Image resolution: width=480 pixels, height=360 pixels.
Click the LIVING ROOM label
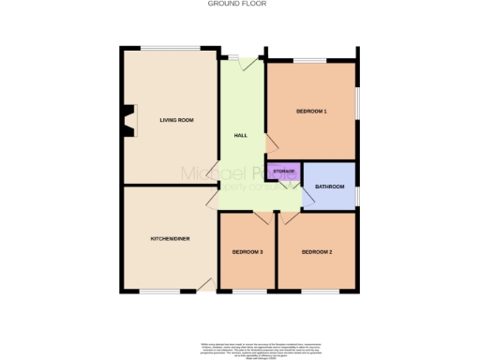point(176,120)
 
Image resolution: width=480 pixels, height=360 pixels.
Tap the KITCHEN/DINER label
point(171,239)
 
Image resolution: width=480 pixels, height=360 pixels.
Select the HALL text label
point(240,137)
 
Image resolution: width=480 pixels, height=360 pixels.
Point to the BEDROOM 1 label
point(311,112)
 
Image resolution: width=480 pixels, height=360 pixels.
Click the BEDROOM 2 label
point(318,252)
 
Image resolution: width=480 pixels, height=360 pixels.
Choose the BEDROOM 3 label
point(247,252)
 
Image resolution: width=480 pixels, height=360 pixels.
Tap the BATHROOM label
point(330,187)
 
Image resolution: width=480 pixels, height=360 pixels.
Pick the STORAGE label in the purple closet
point(283,172)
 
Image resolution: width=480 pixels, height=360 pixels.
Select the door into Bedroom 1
point(271,142)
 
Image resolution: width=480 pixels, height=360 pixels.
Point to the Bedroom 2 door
point(290,217)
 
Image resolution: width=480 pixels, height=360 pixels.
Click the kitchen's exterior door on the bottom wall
point(206,285)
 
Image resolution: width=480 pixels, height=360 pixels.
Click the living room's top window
point(171,48)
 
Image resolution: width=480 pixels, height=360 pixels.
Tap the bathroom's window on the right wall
point(357,195)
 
